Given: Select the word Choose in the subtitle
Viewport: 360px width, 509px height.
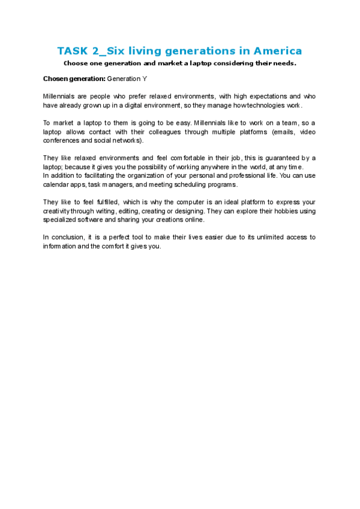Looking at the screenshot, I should pyautogui.click(x=77, y=62).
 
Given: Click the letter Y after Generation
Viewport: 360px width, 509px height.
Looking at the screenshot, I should pyautogui.click(x=145, y=79).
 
